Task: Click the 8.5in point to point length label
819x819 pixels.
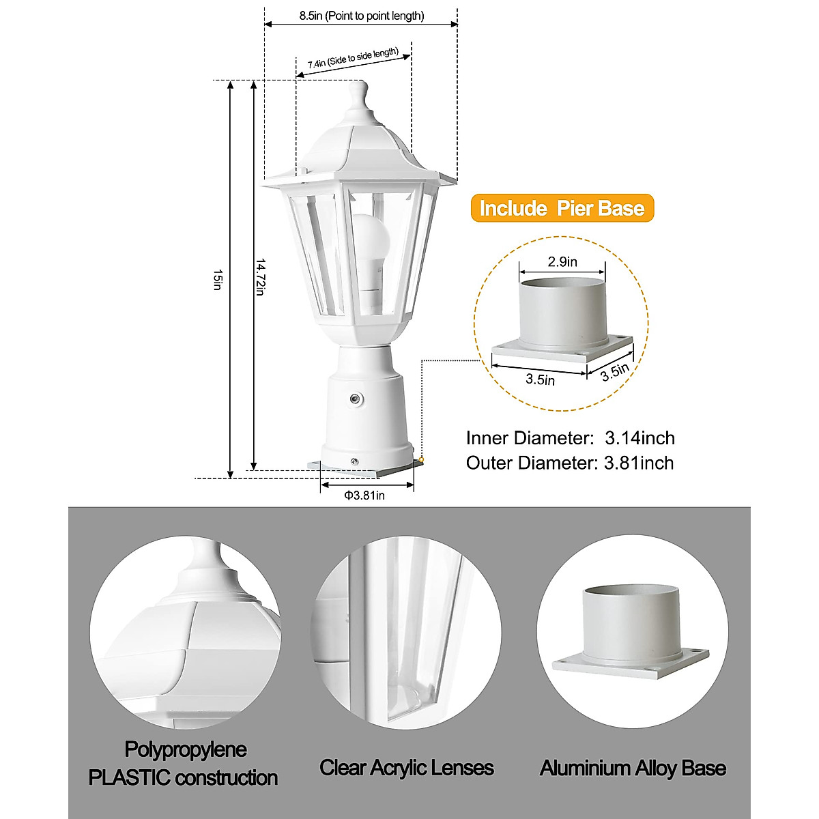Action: [362, 15]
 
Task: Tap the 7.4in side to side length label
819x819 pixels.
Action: [353, 59]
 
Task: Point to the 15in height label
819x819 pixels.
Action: [217, 280]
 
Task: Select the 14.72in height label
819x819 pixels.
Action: [260, 276]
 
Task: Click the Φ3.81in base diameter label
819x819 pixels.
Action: [364, 495]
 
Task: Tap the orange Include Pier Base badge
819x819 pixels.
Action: [562, 208]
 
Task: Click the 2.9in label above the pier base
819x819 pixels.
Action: [562, 261]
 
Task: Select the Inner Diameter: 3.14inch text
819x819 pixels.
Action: [570, 438]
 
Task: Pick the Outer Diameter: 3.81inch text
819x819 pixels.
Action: [570, 463]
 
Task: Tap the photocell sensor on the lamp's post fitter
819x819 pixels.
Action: [355, 398]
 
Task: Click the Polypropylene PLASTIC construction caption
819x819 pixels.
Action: [184, 764]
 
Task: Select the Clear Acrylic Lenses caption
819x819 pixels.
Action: [407, 768]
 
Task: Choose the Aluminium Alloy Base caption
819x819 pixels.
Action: [633, 768]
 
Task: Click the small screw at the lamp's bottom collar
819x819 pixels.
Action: [354, 461]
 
